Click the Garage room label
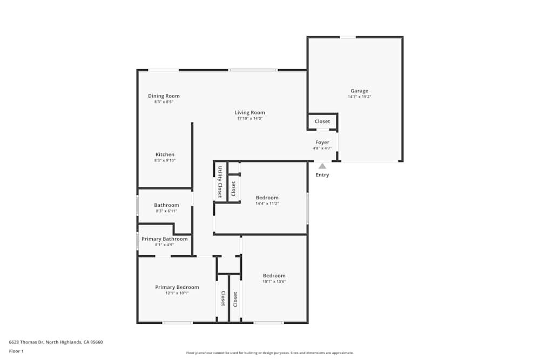click(x=359, y=91)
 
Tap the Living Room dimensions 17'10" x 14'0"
click(x=249, y=119)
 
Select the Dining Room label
click(x=164, y=96)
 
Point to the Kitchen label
click(x=165, y=154)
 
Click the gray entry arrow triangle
click(x=322, y=166)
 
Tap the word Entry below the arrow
click(x=322, y=175)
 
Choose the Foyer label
click(x=322, y=142)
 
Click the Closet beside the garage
click(x=322, y=121)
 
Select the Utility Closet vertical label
click(x=220, y=182)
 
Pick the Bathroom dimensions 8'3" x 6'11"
click(x=166, y=211)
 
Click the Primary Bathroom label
click(x=165, y=239)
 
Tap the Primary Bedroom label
click(x=177, y=287)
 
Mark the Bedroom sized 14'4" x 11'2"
click(x=267, y=198)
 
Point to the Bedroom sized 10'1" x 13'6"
click(x=274, y=275)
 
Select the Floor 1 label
click(x=16, y=351)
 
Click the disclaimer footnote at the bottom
click(x=270, y=353)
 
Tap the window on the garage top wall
click(x=348, y=37)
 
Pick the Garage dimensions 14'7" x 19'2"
click(x=359, y=97)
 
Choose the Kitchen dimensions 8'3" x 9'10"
click(x=165, y=160)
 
